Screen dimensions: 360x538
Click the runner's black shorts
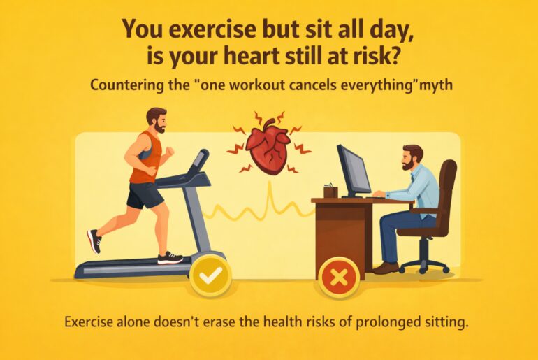145,195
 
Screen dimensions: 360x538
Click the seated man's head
412,159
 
